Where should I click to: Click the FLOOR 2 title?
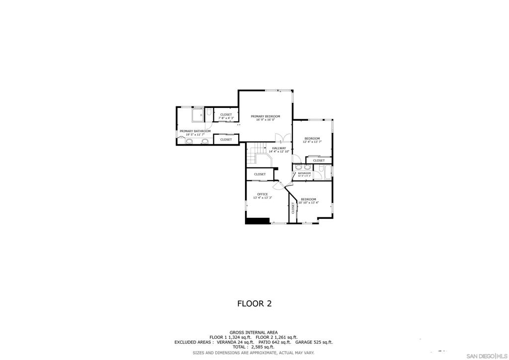[254, 303]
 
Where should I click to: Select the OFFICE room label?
[262, 194]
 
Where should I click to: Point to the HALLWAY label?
[279, 148]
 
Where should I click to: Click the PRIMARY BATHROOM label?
[195, 131]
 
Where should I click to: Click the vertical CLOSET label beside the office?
[293, 208]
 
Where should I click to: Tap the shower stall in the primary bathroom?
[197, 115]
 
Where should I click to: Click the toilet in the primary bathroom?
[209, 112]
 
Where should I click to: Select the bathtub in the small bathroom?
[322, 173]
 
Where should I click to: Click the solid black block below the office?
[257, 221]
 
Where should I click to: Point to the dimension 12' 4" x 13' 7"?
[312, 142]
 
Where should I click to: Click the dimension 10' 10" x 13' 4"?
[308, 202]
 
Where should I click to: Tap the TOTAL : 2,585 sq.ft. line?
[254, 347]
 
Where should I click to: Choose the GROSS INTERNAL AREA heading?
[254, 332]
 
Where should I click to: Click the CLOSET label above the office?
[259, 174]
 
